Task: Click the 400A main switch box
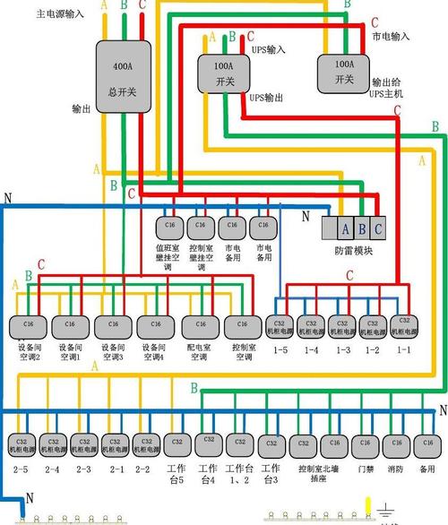[125, 75]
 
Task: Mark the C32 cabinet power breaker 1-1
[403, 324]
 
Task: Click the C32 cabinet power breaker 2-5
[21, 443]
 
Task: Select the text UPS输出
[267, 96]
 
